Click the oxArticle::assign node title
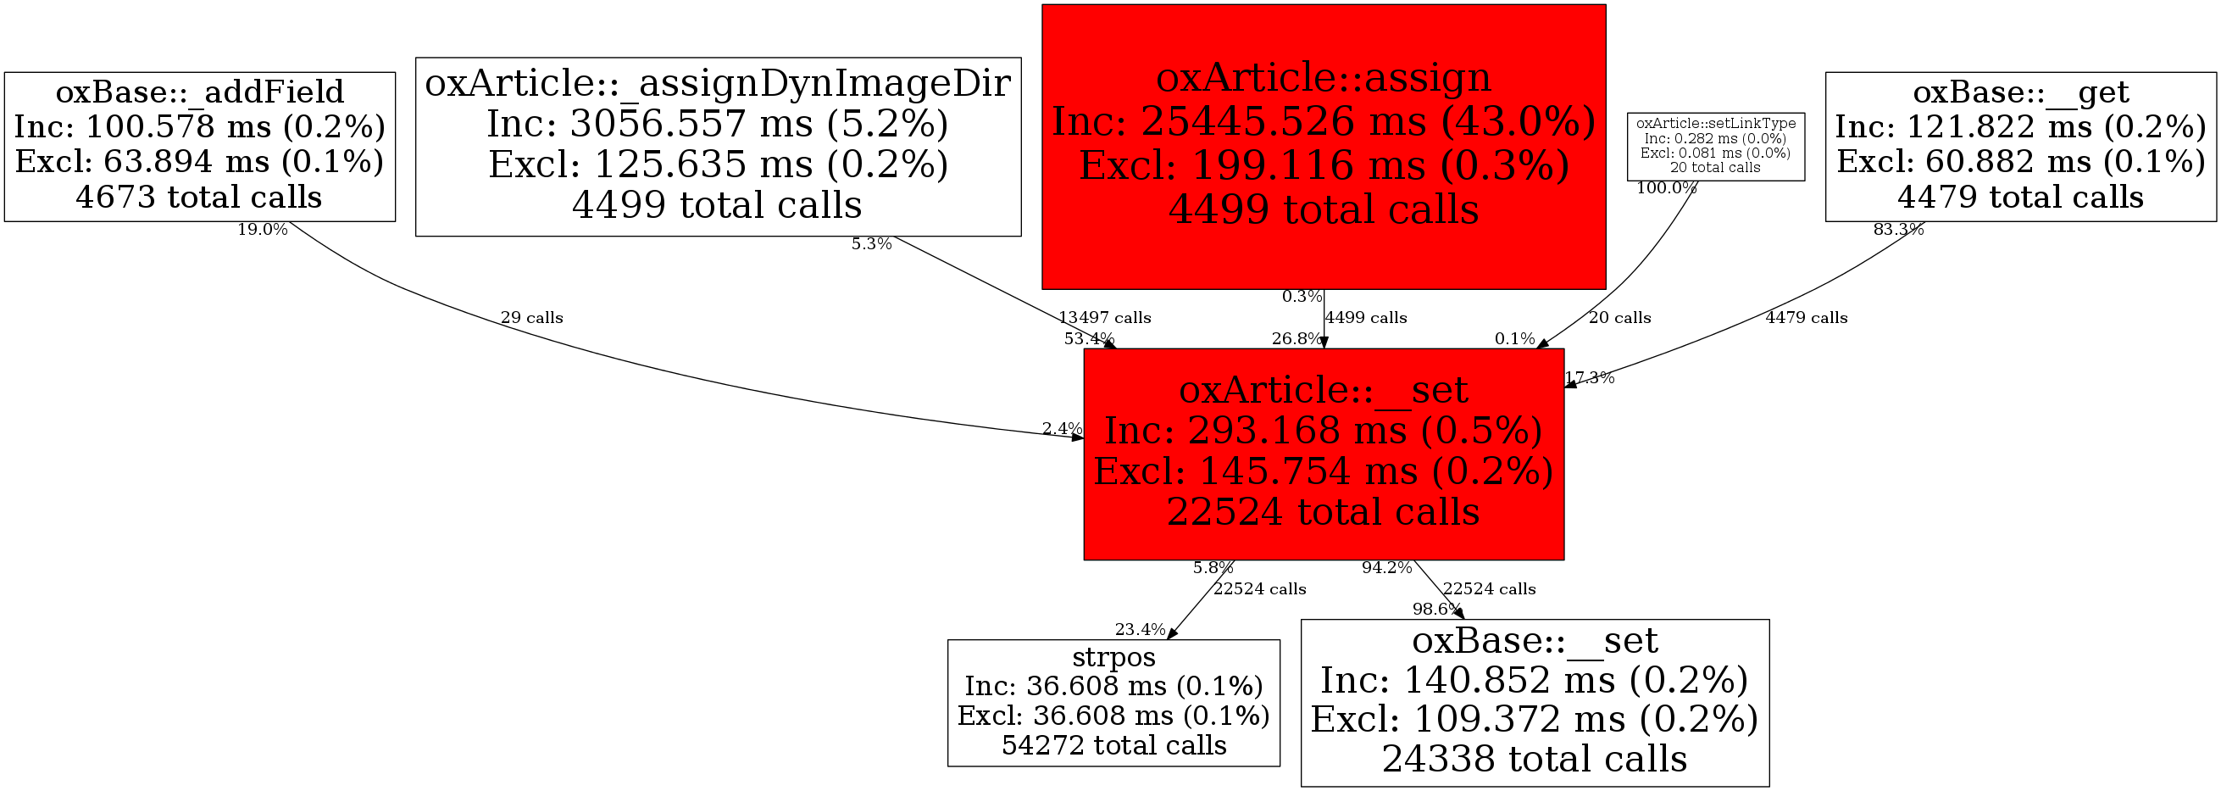click(1323, 78)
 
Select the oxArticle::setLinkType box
click(1715, 146)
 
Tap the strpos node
click(1113, 702)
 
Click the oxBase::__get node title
click(2020, 92)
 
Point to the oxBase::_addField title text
click(199, 92)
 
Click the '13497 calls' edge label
click(1104, 317)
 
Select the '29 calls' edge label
click(531, 317)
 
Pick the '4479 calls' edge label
click(1806, 317)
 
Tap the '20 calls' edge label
click(1619, 317)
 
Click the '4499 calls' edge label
click(1366, 317)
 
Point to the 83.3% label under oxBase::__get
click(1897, 230)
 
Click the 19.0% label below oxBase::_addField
click(262, 230)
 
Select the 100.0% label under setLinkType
click(1666, 188)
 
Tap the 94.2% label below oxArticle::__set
click(1386, 567)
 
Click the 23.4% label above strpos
click(1140, 630)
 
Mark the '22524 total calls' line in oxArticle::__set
click(1323, 511)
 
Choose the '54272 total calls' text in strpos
click(1113, 744)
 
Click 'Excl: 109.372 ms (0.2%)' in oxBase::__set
click(1534, 719)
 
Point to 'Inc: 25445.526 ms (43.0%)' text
click(1323, 121)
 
